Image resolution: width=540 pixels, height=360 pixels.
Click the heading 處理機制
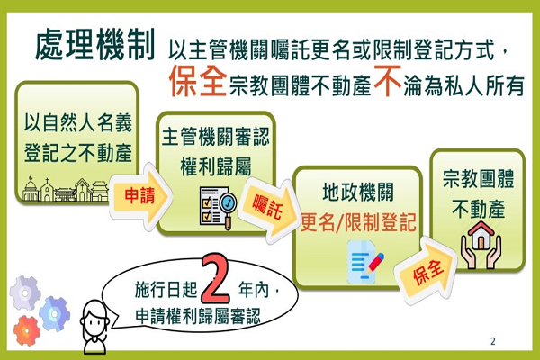(95, 45)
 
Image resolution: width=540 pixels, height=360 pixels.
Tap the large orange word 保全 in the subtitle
(198, 81)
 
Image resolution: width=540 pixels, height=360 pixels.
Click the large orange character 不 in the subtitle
(388, 81)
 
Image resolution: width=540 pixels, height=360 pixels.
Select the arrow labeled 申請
(141, 196)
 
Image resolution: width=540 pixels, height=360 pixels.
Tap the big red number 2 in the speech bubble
(215, 278)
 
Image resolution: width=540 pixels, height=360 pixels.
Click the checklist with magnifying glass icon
(218, 207)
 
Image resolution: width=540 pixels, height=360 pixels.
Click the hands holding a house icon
(481, 245)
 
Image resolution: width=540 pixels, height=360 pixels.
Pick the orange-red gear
(27, 330)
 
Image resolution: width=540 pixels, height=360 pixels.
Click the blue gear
(54, 313)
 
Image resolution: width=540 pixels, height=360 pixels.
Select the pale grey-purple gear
(25, 292)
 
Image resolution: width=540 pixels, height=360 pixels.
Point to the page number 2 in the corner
(493, 341)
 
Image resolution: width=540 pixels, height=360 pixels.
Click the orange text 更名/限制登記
(358, 222)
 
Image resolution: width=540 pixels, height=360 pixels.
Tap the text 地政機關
(358, 192)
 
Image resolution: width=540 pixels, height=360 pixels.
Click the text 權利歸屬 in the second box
(216, 166)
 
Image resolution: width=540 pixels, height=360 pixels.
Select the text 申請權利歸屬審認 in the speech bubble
(198, 316)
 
